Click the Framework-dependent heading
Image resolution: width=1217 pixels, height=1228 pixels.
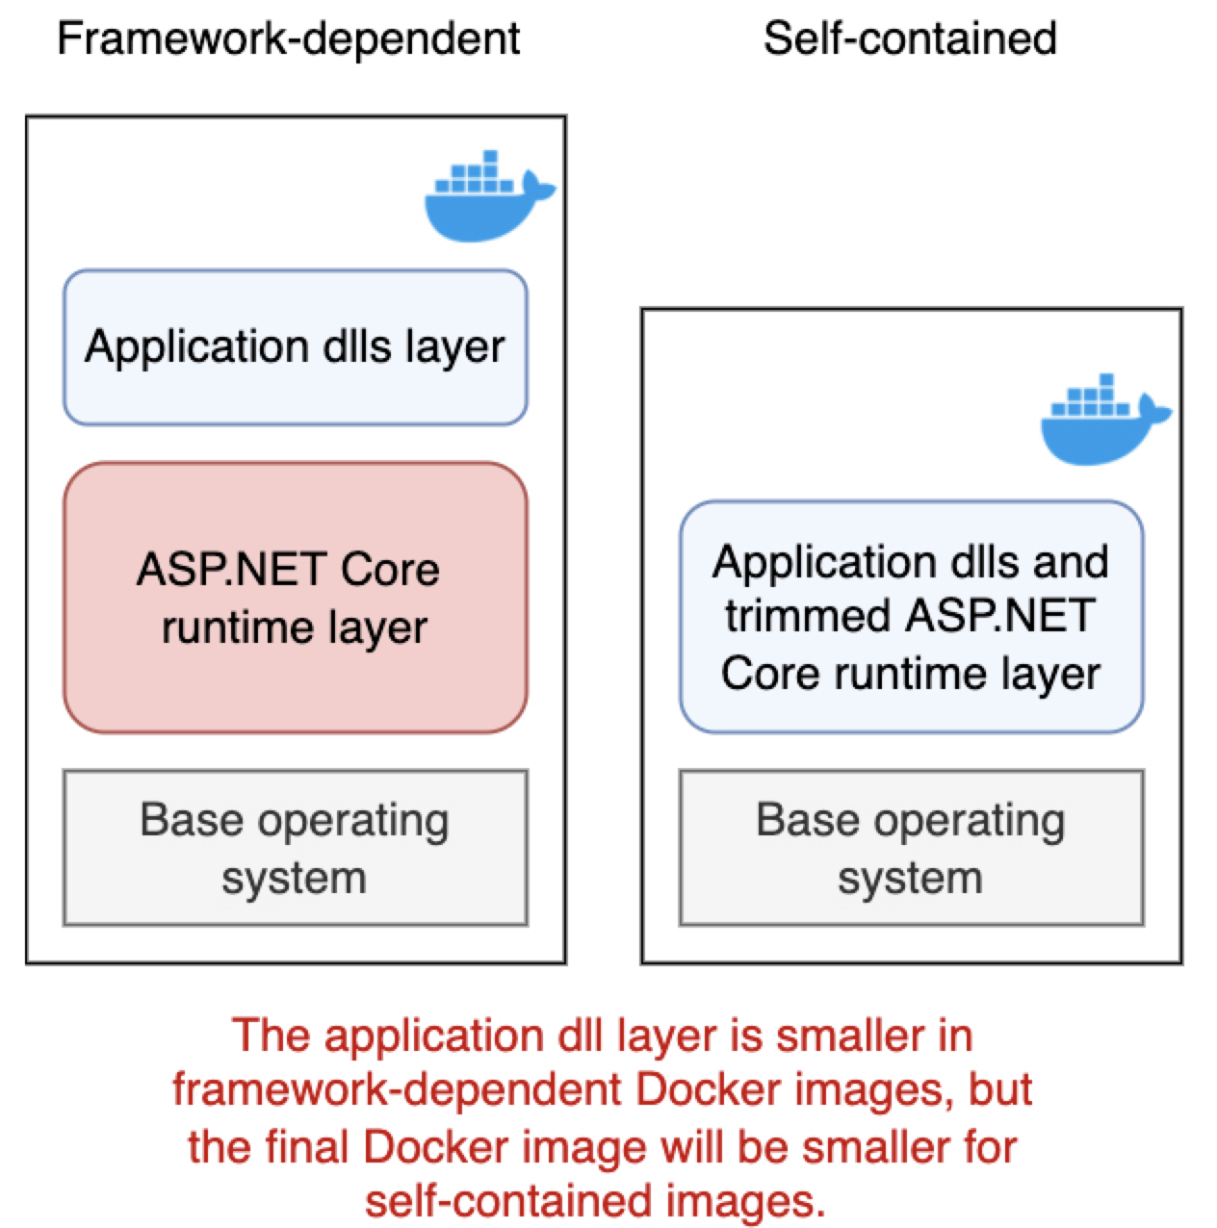(x=288, y=39)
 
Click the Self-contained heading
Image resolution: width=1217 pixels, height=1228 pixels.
(x=910, y=39)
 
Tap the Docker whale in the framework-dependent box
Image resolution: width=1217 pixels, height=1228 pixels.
(x=486, y=197)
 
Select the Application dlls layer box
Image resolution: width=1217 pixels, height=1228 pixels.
(x=295, y=347)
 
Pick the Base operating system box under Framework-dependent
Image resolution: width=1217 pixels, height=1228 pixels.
(x=295, y=847)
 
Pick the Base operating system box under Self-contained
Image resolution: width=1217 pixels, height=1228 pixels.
(x=911, y=847)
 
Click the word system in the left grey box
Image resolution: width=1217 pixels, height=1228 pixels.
(x=294, y=878)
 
